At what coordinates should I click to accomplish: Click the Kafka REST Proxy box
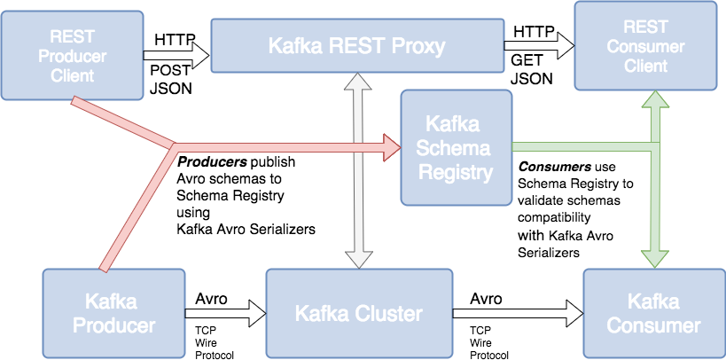pos(356,46)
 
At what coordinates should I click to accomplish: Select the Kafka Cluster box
pos(358,313)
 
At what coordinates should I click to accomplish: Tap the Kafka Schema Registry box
pos(456,146)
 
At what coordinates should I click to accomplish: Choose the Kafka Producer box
pos(113,313)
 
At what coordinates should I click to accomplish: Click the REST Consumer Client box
pos(644,46)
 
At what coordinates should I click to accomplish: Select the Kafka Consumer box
pos(653,313)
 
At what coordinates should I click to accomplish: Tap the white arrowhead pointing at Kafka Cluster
pos(358,258)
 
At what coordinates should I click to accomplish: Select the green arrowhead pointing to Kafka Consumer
pos(655,257)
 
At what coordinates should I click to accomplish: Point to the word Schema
pos(456,147)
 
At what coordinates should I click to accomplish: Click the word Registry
pos(456,171)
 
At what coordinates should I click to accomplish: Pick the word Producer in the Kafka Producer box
pos(113,325)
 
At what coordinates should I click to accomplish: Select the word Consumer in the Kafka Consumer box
pos(653,325)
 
